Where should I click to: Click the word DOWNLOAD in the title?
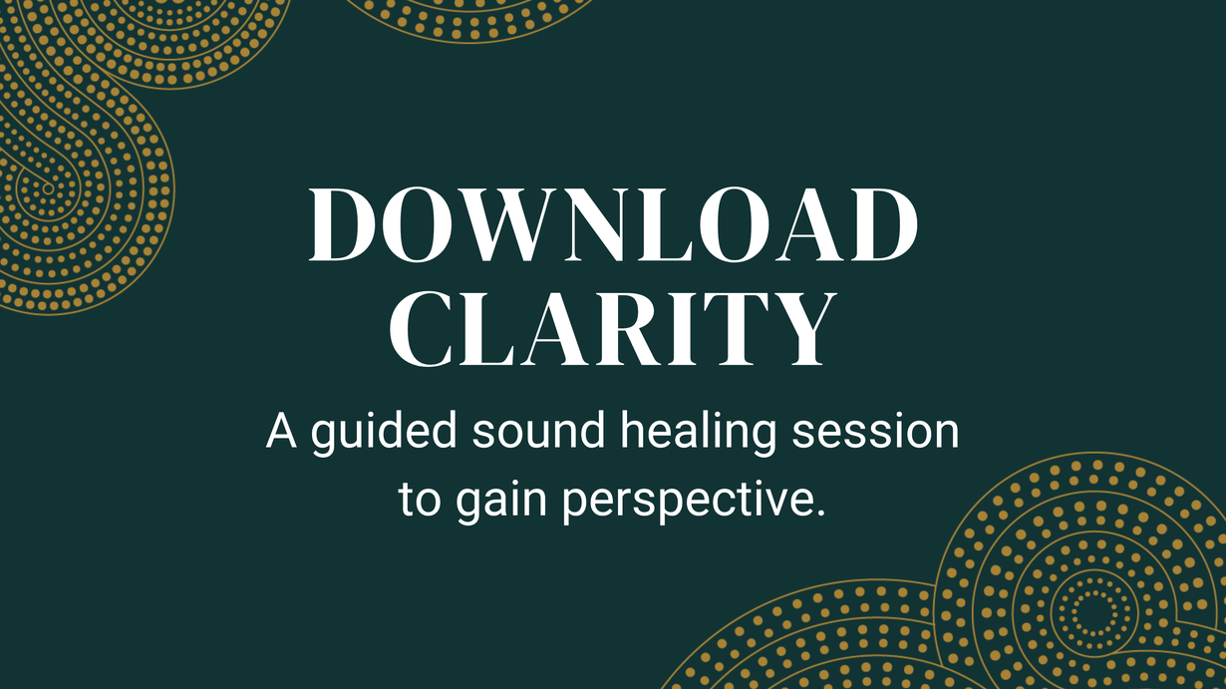(614, 224)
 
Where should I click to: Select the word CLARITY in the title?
(613, 329)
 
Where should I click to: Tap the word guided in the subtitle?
(384, 433)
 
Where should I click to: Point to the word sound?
(538, 431)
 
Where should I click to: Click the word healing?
(698, 433)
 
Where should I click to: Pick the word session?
(876, 432)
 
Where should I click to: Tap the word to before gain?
(420, 500)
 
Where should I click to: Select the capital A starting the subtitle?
(281, 431)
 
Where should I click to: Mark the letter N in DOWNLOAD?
(595, 224)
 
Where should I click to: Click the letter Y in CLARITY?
(800, 329)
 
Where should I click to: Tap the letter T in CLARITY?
(733, 329)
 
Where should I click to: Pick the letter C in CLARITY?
(421, 329)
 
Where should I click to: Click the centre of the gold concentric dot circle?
(1093, 613)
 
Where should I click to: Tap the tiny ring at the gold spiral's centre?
(48, 189)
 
